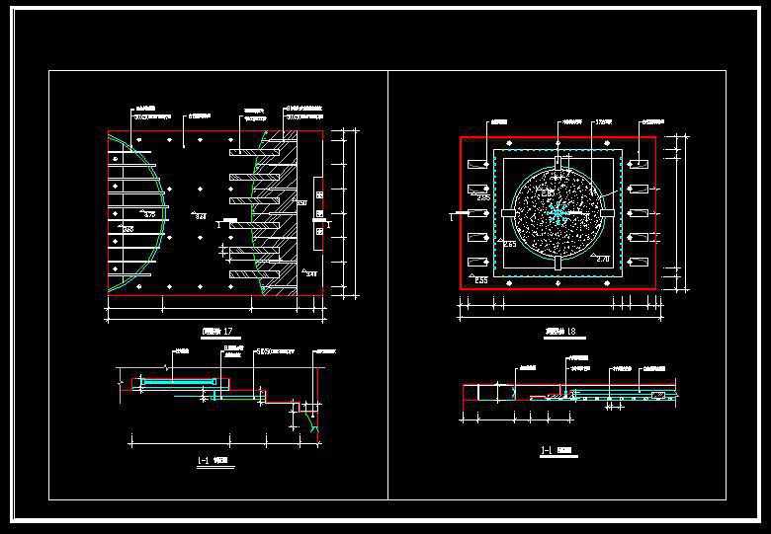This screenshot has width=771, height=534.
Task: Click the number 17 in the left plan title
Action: (x=228, y=330)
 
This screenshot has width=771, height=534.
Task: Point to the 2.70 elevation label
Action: (x=602, y=258)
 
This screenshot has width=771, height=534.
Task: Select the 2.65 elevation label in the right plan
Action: (x=483, y=198)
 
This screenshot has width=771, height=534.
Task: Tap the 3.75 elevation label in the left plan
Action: (x=150, y=213)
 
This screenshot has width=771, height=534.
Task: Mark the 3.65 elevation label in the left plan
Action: (x=127, y=228)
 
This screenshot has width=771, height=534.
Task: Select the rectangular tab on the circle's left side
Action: (x=507, y=212)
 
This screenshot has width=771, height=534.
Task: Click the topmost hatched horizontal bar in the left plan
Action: (x=245, y=152)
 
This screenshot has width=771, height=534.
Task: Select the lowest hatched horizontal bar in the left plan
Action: (x=245, y=273)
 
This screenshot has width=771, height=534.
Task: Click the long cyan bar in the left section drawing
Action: (x=178, y=379)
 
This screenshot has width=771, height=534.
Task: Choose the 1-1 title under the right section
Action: (x=555, y=452)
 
